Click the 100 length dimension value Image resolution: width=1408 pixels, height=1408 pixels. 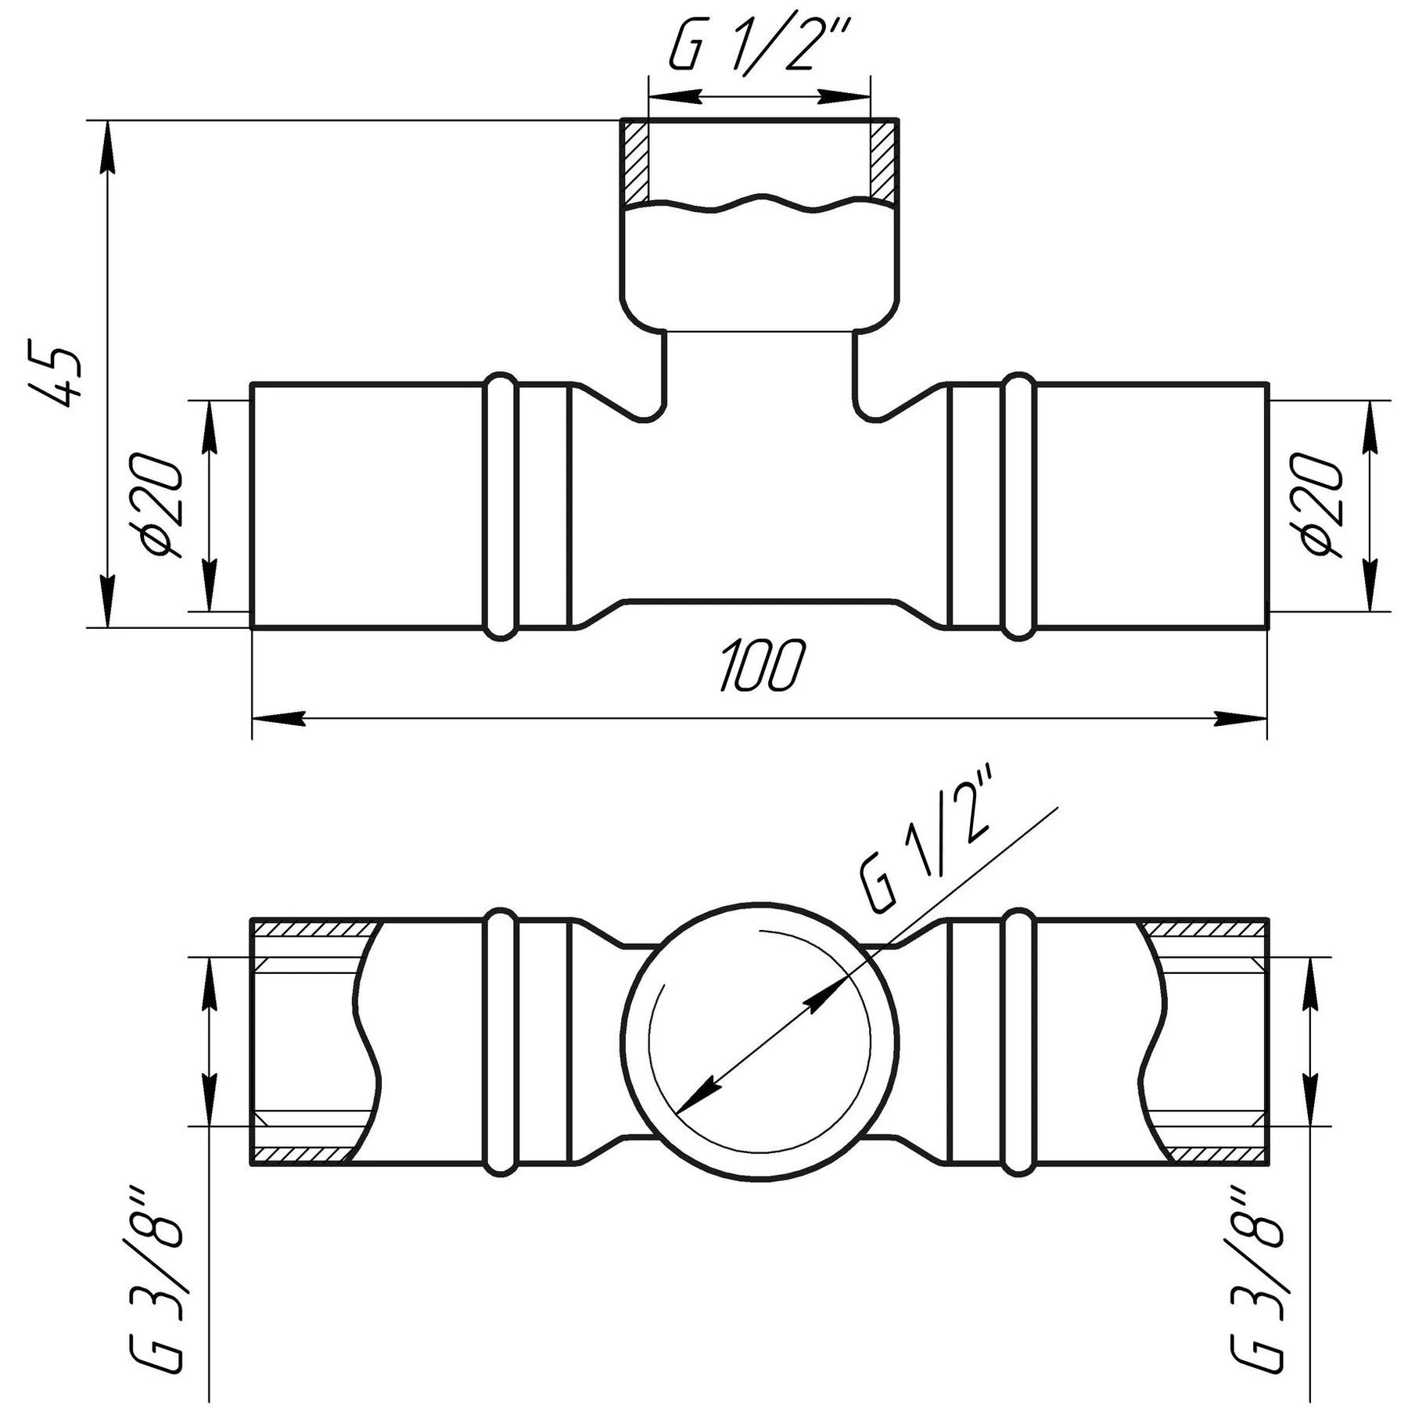761,666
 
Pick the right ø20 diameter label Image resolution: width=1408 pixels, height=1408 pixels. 1322,505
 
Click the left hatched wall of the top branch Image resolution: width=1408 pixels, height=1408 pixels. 635,163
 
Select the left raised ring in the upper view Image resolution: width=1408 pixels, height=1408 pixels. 501,507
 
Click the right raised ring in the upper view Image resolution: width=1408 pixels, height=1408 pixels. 1018,507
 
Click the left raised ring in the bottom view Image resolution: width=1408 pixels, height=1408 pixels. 501,1041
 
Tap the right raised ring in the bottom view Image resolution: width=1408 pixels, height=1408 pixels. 1018,1041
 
